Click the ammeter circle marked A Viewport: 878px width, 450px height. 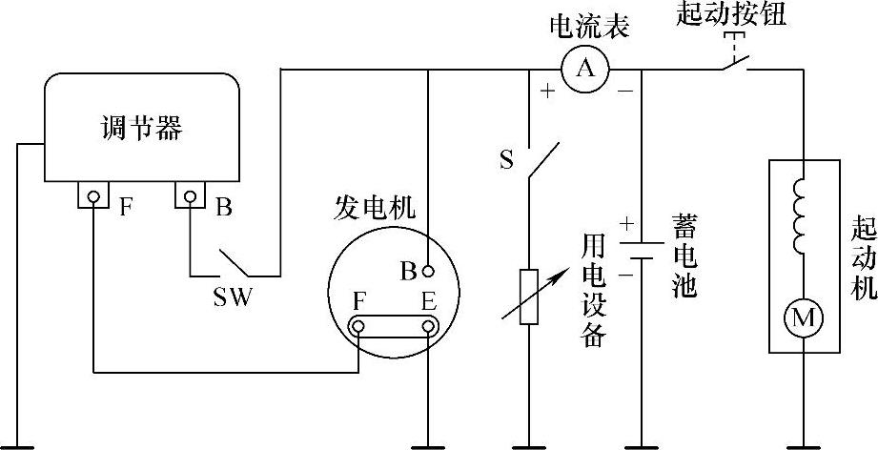[586, 68]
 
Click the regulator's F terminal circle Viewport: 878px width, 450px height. [93, 197]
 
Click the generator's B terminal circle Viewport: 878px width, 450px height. [429, 270]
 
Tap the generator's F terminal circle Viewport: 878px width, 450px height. [357, 327]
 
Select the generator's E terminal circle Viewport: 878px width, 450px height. [429, 327]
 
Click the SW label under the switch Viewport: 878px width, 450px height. [232, 297]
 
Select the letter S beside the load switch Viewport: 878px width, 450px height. [505, 157]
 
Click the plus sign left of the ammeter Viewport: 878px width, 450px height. [547, 92]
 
